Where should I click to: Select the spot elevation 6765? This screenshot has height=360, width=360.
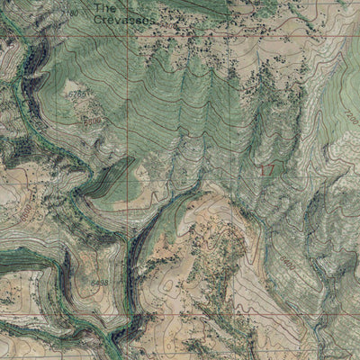(x=80, y=94)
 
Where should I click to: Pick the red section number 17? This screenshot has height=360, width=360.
(x=267, y=168)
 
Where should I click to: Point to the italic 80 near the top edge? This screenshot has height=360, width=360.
(x=74, y=13)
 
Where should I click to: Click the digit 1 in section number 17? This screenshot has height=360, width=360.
(x=262, y=168)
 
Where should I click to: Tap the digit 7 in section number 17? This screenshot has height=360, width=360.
(x=272, y=168)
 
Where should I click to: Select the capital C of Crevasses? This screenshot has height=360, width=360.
(x=98, y=18)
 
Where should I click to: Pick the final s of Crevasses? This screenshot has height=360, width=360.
(x=152, y=18)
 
